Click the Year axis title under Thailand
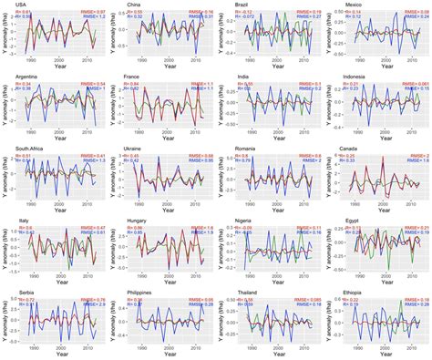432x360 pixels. coord(274,355)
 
